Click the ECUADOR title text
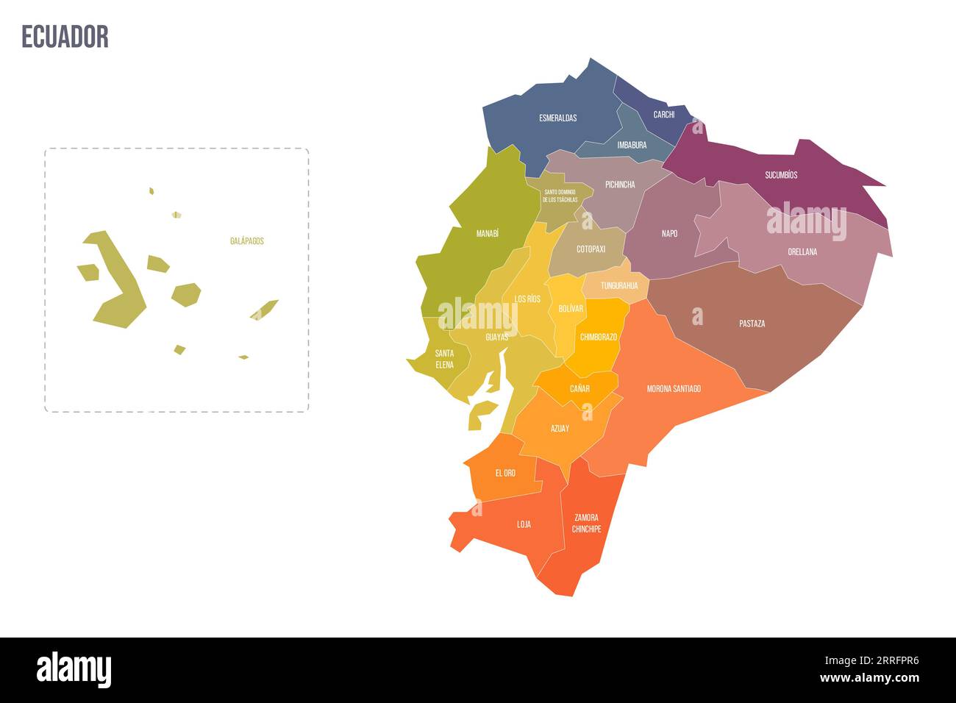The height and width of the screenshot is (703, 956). pos(65,36)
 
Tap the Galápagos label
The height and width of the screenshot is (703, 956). pos(246,240)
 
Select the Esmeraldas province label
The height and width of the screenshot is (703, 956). pos(557,118)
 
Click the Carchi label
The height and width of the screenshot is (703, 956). pos(663,115)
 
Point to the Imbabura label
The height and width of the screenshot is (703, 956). pos(632,145)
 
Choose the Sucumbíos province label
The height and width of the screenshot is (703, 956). pos(781,175)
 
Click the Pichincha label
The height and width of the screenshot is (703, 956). pos(620,185)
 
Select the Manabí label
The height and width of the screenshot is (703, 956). pos(487,233)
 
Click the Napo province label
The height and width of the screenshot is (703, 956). pos(669,233)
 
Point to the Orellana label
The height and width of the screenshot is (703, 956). pos(802,251)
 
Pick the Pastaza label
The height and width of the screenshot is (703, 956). pos(752,323)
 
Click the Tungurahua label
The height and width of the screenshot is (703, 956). pos(619,285)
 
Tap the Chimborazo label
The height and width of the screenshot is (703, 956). pos(599,337)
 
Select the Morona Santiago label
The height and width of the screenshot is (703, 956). pos(674,388)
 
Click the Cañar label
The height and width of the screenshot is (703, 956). pos(579,388)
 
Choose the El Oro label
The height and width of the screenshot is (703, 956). pos(505,473)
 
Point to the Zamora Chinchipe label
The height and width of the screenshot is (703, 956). pos(586,523)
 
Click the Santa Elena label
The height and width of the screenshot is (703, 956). pos(443,359)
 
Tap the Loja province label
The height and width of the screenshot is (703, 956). pos(524,524)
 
